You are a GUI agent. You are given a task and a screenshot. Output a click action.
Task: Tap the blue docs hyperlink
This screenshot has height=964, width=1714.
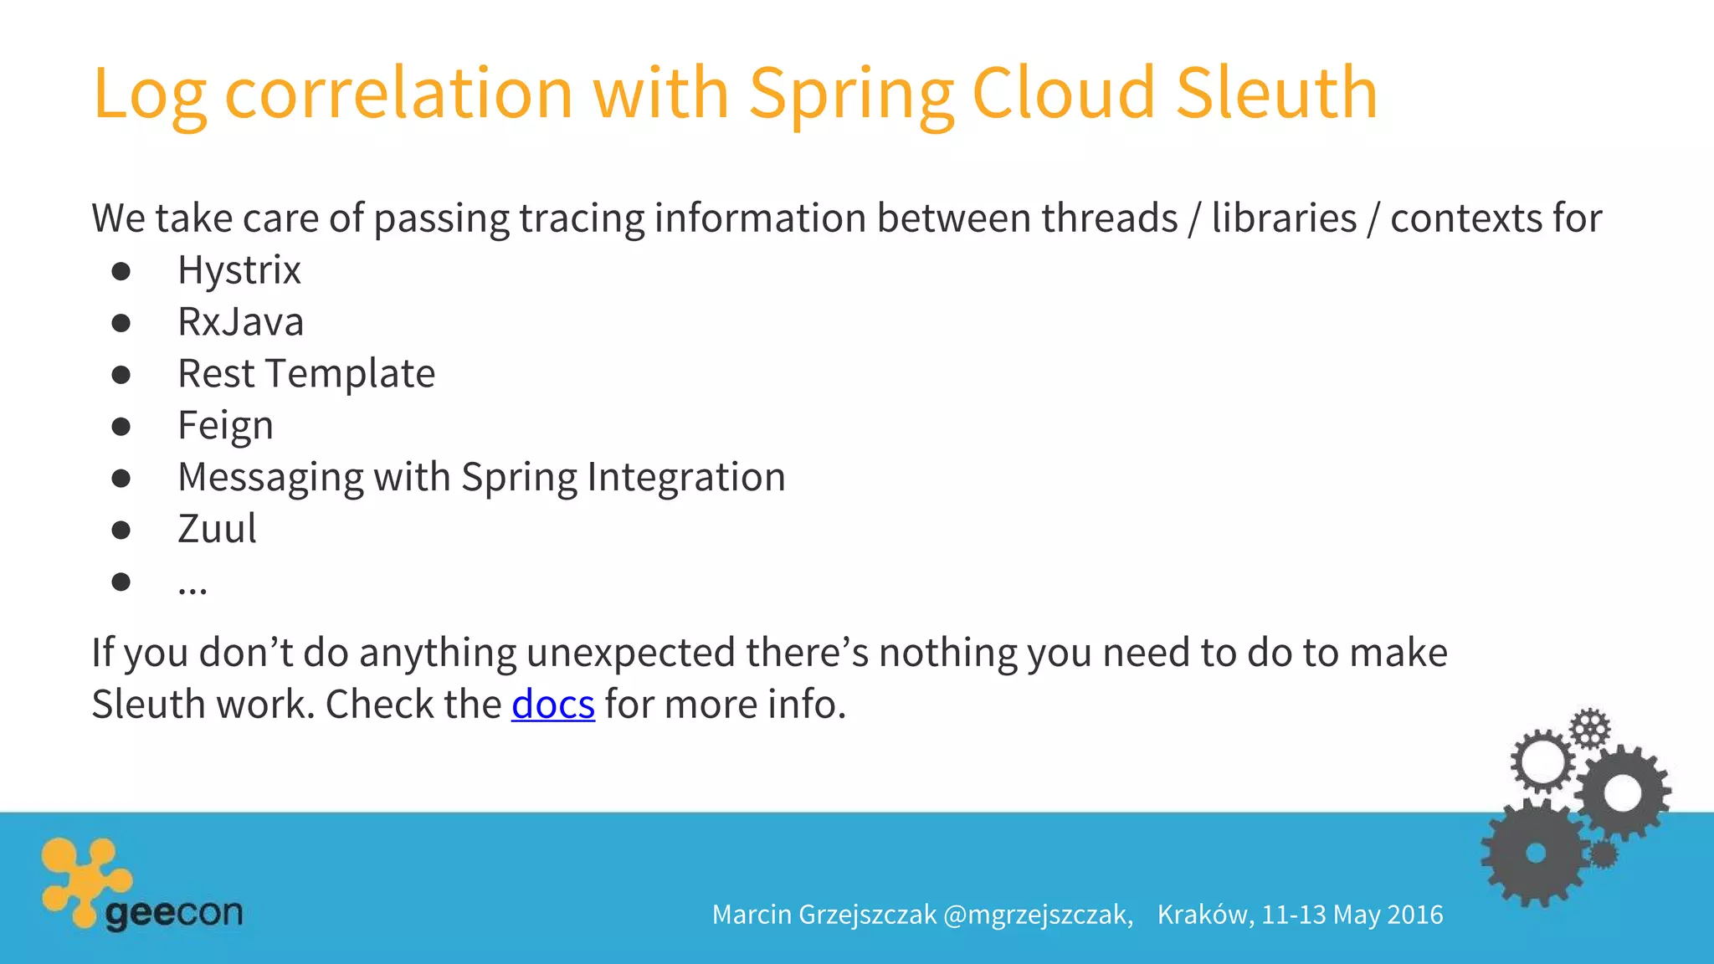[552, 704]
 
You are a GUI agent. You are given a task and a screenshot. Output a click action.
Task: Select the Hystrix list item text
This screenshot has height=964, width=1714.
[239, 270]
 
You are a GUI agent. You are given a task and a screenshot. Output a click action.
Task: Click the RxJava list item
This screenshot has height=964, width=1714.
[240, 322]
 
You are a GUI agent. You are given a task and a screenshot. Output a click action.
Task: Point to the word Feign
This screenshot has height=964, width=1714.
[225, 426]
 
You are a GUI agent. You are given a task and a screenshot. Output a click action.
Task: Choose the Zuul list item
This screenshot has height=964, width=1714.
[217, 529]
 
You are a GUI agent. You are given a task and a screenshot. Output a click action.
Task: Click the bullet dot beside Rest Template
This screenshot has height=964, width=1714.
[121, 374]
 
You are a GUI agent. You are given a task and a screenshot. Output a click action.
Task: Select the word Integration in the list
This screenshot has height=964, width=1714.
[686, 477]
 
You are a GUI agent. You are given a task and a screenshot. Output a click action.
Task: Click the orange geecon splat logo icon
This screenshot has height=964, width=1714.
[84, 879]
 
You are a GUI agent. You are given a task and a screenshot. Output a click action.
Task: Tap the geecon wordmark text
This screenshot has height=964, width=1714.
[174, 912]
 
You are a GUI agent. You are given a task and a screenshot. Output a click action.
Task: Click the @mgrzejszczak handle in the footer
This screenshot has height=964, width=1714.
[1037, 915]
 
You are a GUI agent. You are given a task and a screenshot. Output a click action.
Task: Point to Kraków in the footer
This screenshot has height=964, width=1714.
[1204, 915]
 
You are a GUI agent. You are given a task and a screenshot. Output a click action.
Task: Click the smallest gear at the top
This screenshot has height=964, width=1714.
[1589, 728]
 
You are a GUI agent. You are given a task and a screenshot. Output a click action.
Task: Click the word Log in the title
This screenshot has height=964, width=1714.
[149, 94]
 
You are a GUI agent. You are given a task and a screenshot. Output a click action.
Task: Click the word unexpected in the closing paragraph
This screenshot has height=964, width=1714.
[630, 653]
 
